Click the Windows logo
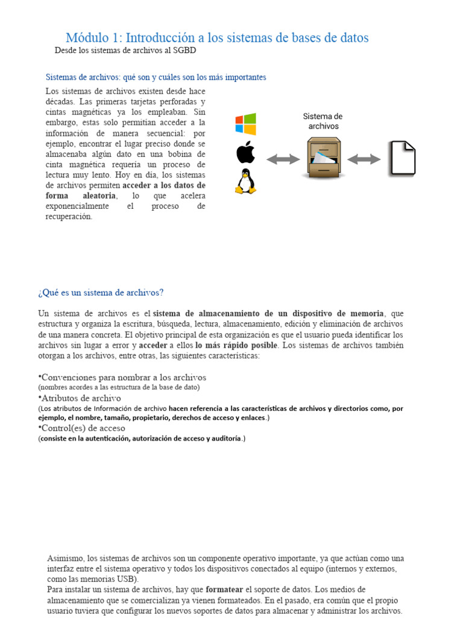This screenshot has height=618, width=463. pyautogui.click(x=245, y=124)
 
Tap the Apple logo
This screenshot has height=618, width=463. pyautogui.click(x=245, y=153)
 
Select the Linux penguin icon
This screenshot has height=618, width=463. pyautogui.click(x=245, y=182)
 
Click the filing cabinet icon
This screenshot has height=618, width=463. pyautogui.click(x=324, y=158)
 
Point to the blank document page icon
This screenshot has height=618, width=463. pyautogui.click(x=402, y=159)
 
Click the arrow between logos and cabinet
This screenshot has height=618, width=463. pyautogui.click(x=283, y=159)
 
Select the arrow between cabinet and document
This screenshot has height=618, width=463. pyautogui.click(x=364, y=159)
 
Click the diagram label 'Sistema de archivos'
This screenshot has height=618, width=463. pyautogui.click(x=323, y=121)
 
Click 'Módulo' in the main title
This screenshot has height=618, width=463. pyautogui.click(x=93, y=38)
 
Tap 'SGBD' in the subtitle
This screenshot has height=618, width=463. pyautogui.click(x=184, y=51)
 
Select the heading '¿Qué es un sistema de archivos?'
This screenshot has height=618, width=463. pyautogui.click(x=101, y=293)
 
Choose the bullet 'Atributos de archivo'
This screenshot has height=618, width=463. pyautogui.click(x=80, y=398)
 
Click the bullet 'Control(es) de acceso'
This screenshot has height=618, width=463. pyautogui.click(x=83, y=428)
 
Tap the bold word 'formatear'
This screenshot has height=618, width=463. pyautogui.click(x=224, y=589)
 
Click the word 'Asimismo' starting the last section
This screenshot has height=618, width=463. pyautogui.click(x=66, y=558)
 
